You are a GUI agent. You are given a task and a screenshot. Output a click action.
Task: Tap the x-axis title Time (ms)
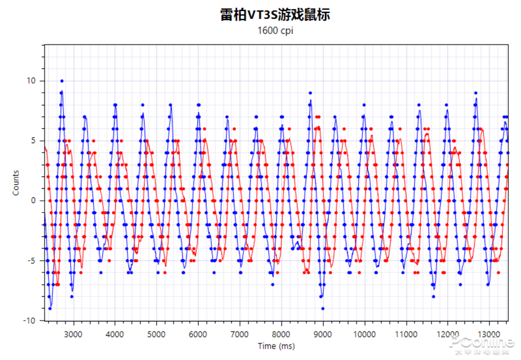coord(276,346)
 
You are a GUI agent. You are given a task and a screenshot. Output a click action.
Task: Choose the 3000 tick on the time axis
coord(73,333)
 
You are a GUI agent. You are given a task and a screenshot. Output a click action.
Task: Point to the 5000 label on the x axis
coord(156,333)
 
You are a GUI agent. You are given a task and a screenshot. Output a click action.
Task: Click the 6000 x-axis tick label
coord(198,333)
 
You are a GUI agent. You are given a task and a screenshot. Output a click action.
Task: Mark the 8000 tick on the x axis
coord(281,333)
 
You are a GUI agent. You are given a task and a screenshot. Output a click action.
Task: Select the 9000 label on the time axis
coord(323,333)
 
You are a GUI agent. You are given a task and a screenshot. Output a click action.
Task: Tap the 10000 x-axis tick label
coord(365,333)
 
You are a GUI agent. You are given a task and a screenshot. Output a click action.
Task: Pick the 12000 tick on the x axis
coord(448,333)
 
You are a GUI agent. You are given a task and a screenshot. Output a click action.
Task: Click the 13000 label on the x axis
coord(490,333)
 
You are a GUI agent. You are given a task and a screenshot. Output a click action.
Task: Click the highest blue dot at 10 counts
coord(62,81)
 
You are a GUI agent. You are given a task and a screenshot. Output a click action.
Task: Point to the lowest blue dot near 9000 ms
coord(322,309)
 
